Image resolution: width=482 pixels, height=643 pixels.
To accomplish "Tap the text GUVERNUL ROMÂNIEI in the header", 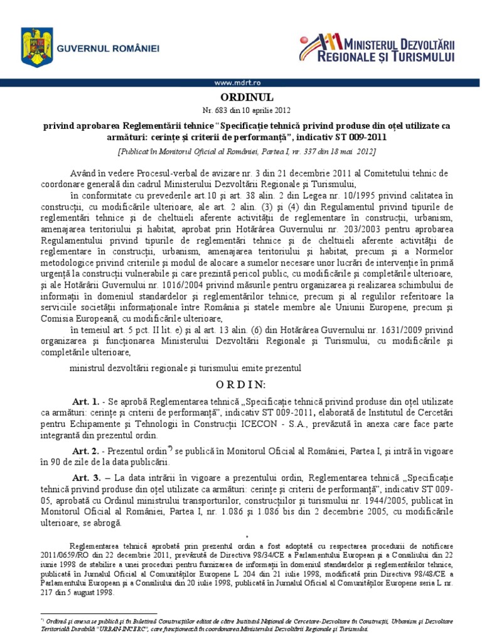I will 109,48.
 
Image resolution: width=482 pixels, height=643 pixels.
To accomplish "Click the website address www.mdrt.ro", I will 240,83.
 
